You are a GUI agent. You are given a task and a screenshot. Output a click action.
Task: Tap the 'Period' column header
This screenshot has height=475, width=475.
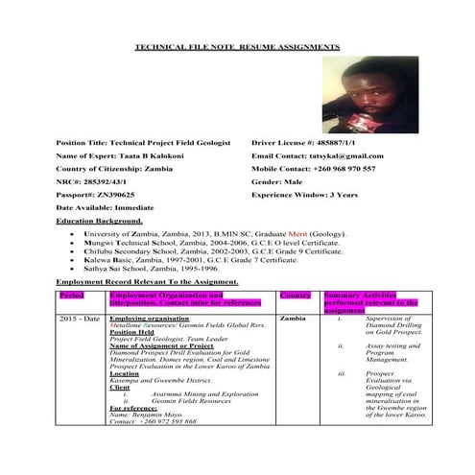pos(73,296)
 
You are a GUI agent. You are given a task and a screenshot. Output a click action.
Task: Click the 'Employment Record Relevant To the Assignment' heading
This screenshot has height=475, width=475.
pos(147,282)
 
